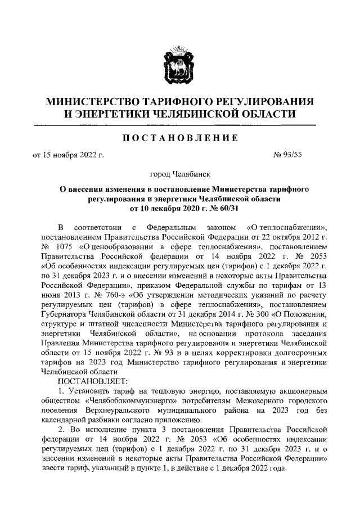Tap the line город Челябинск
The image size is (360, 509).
[x=179, y=175]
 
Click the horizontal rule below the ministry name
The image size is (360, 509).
[x=180, y=124]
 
